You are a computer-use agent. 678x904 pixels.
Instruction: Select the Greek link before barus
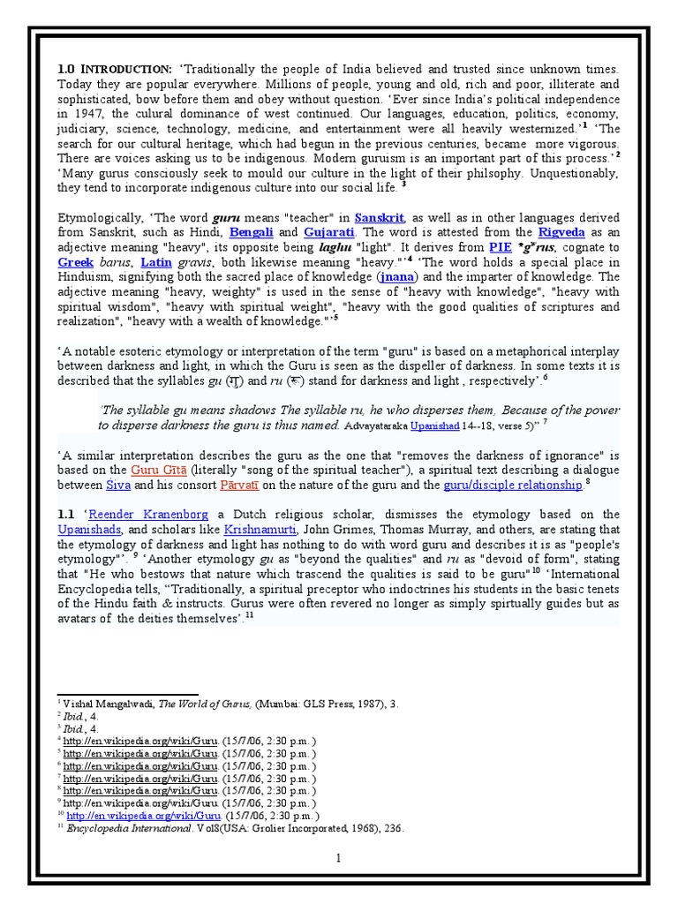75,262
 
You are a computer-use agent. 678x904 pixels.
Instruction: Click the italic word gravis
202,262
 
